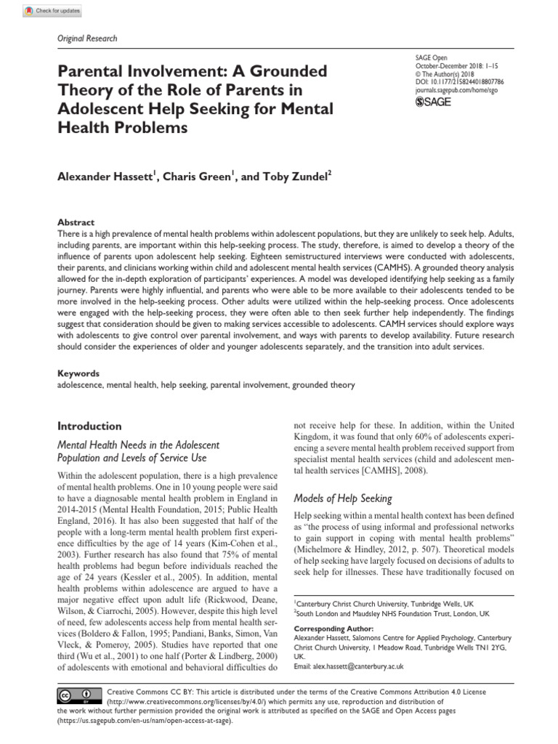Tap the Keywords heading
pos(78,373)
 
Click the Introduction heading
pos(89,426)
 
